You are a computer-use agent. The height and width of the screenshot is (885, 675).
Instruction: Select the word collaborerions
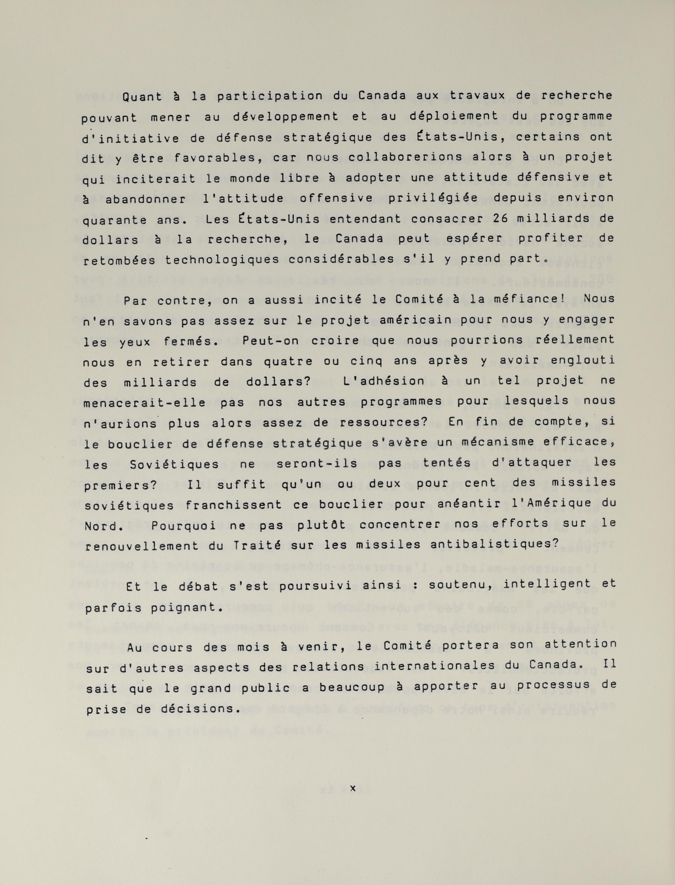pos(411,158)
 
